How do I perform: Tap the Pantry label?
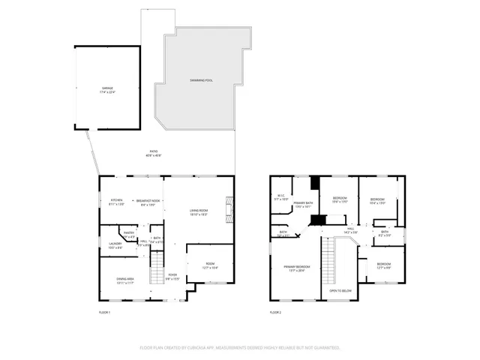click(x=129, y=234)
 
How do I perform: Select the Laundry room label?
click(x=115, y=244)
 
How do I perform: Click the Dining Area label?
click(x=125, y=280)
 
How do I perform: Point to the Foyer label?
click(x=172, y=276)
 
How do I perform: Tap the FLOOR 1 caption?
click(x=104, y=312)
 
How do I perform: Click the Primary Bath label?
click(x=303, y=204)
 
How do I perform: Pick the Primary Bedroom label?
click(x=296, y=268)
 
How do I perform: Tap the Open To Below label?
click(x=340, y=290)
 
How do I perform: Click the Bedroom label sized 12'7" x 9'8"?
click(x=383, y=265)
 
